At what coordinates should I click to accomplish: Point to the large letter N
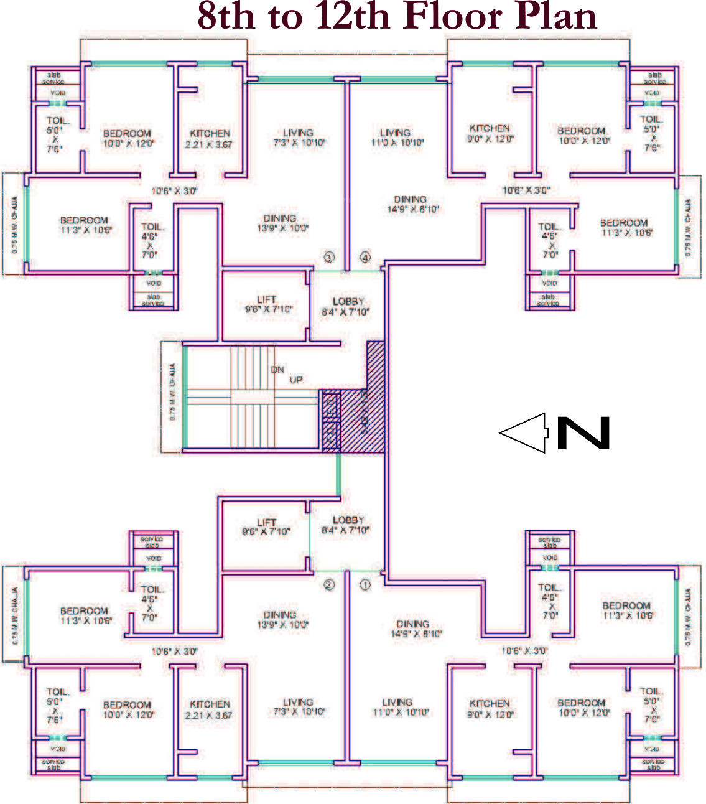[x=583, y=433]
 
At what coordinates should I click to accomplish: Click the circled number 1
[x=365, y=585]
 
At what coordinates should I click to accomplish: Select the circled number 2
[x=329, y=585]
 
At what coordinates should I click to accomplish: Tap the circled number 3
[x=329, y=257]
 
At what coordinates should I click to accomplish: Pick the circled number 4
[x=365, y=257]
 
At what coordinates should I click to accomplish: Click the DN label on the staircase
[x=277, y=370]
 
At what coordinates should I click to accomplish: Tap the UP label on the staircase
[x=296, y=380]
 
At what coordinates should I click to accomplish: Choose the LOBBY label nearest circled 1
[x=348, y=520]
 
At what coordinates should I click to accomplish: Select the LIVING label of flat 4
[x=395, y=133]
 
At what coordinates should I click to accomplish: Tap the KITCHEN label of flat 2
[x=210, y=704]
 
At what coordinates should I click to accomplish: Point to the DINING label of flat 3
[x=279, y=218]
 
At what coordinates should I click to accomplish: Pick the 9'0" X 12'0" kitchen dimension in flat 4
[x=490, y=139]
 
